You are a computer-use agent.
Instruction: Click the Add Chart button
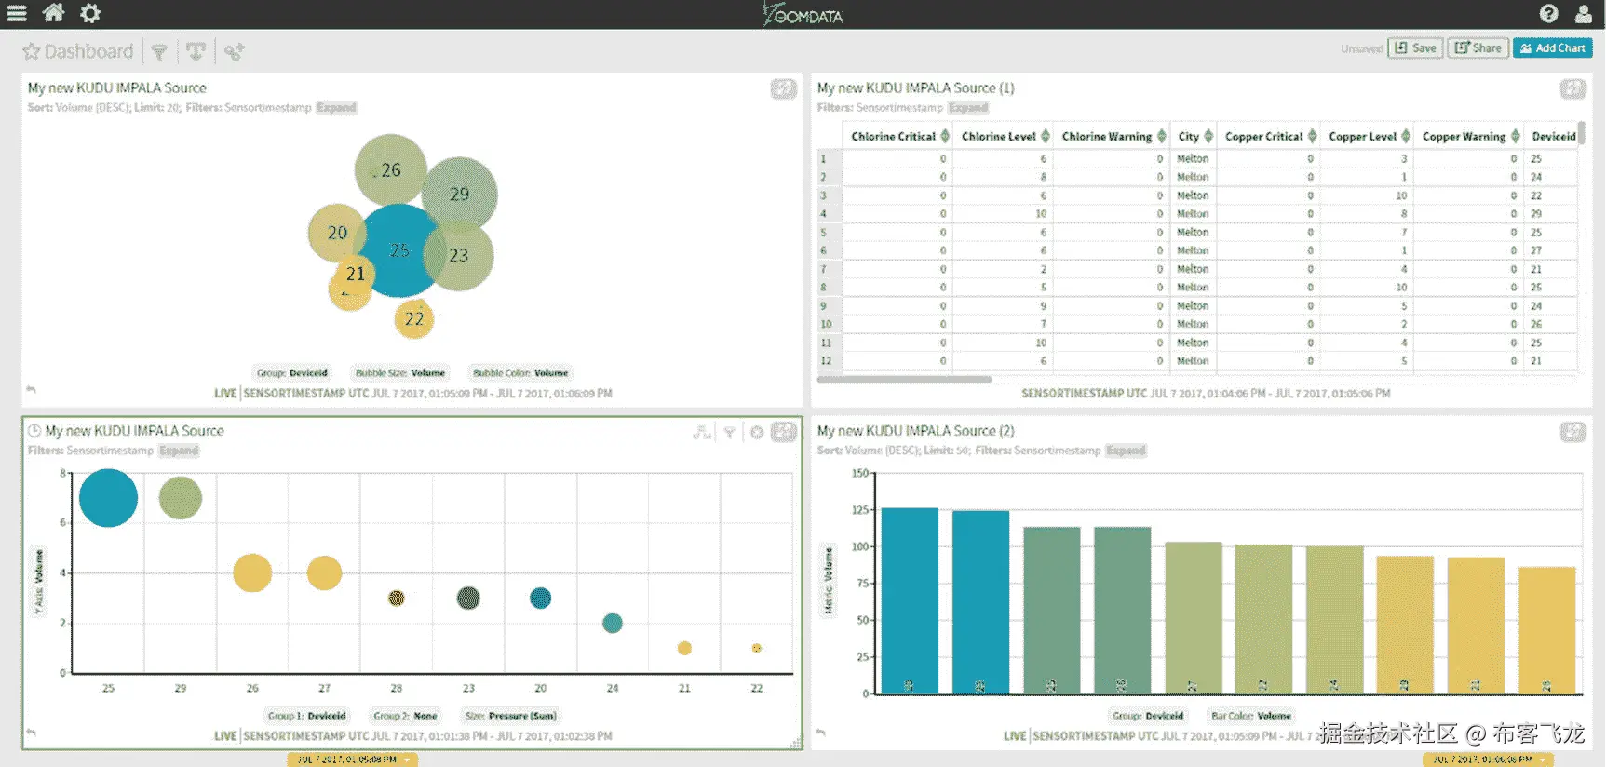point(1552,48)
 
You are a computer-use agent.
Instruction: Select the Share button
point(1478,48)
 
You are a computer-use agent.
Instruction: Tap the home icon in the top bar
point(54,13)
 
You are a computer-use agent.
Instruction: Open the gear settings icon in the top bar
point(89,13)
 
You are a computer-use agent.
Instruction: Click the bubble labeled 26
point(390,169)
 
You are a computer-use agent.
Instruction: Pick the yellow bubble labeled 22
point(413,319)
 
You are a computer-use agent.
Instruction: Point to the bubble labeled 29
point(459,194)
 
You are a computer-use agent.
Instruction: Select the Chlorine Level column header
point(998,137)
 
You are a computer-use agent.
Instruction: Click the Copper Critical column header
point(1263,137)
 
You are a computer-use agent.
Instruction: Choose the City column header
point(1189,137)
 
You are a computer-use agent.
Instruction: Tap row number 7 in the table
point(824,269)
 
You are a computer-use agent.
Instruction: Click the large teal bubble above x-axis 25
point(108,498)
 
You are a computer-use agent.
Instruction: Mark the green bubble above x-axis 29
point(181,498)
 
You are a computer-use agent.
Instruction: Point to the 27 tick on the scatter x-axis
point(324,688)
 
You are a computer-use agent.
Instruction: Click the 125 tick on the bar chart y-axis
point(859,510)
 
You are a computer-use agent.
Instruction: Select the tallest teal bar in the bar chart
point(909,600)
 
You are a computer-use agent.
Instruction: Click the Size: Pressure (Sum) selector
point(510,716)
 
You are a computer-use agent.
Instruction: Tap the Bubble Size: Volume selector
point(400,373)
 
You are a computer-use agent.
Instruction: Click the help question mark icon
point(1548,13)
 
